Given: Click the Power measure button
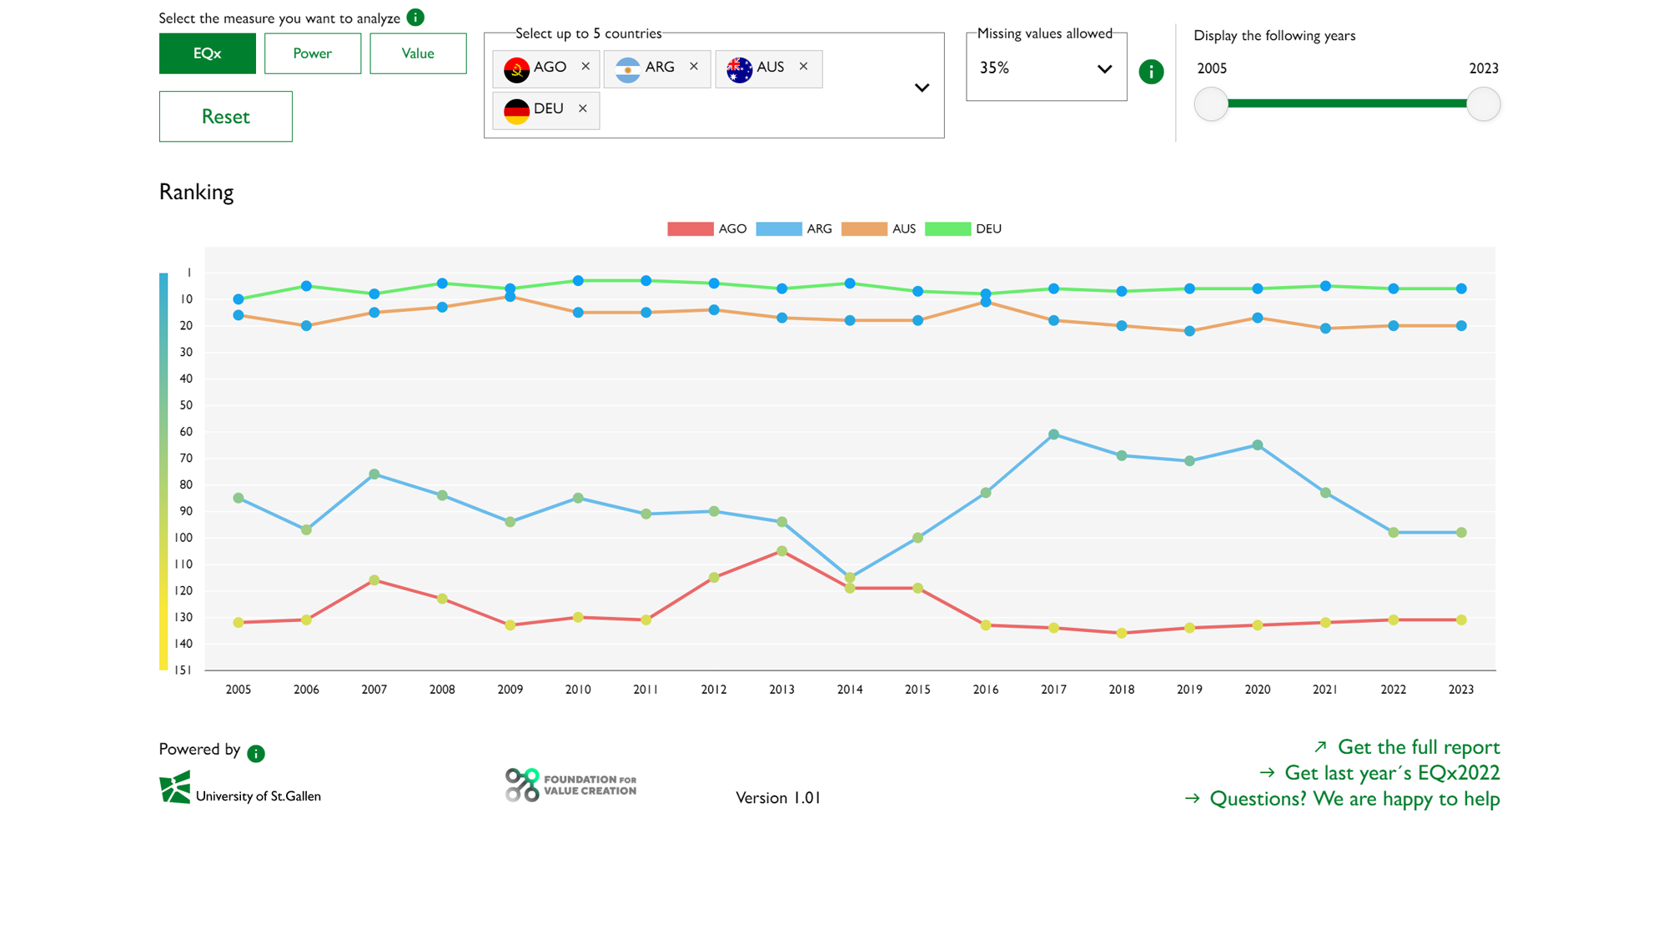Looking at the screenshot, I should click(312, 53).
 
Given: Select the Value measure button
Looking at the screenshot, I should click(418, 53).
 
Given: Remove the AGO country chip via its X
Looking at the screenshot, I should click(585, 67).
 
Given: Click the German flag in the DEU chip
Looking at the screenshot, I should click(516, 109).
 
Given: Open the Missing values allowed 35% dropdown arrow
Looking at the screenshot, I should click(1104, 69).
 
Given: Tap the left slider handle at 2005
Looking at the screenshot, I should click(1211, 104).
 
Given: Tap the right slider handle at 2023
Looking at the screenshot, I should click(1483, 104).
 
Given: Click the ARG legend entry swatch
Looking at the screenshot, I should click(778, 229).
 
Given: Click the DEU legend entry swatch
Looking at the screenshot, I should click(947, 229).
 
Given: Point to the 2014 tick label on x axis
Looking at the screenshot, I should click(849, 690).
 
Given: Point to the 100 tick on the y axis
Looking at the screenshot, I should click(183, 538).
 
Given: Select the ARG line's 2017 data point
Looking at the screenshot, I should click(1053, 434).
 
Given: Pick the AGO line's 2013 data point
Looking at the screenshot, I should click(781, 551).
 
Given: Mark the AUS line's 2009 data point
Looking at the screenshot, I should click(510, 297).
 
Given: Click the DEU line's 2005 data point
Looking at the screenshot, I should click(239, 299).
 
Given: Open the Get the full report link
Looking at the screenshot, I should click(1418, 747).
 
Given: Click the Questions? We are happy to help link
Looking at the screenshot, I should click(1354, 799).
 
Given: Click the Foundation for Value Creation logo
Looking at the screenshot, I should click(570, 785).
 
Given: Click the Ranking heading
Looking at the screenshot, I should click(196, 193).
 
